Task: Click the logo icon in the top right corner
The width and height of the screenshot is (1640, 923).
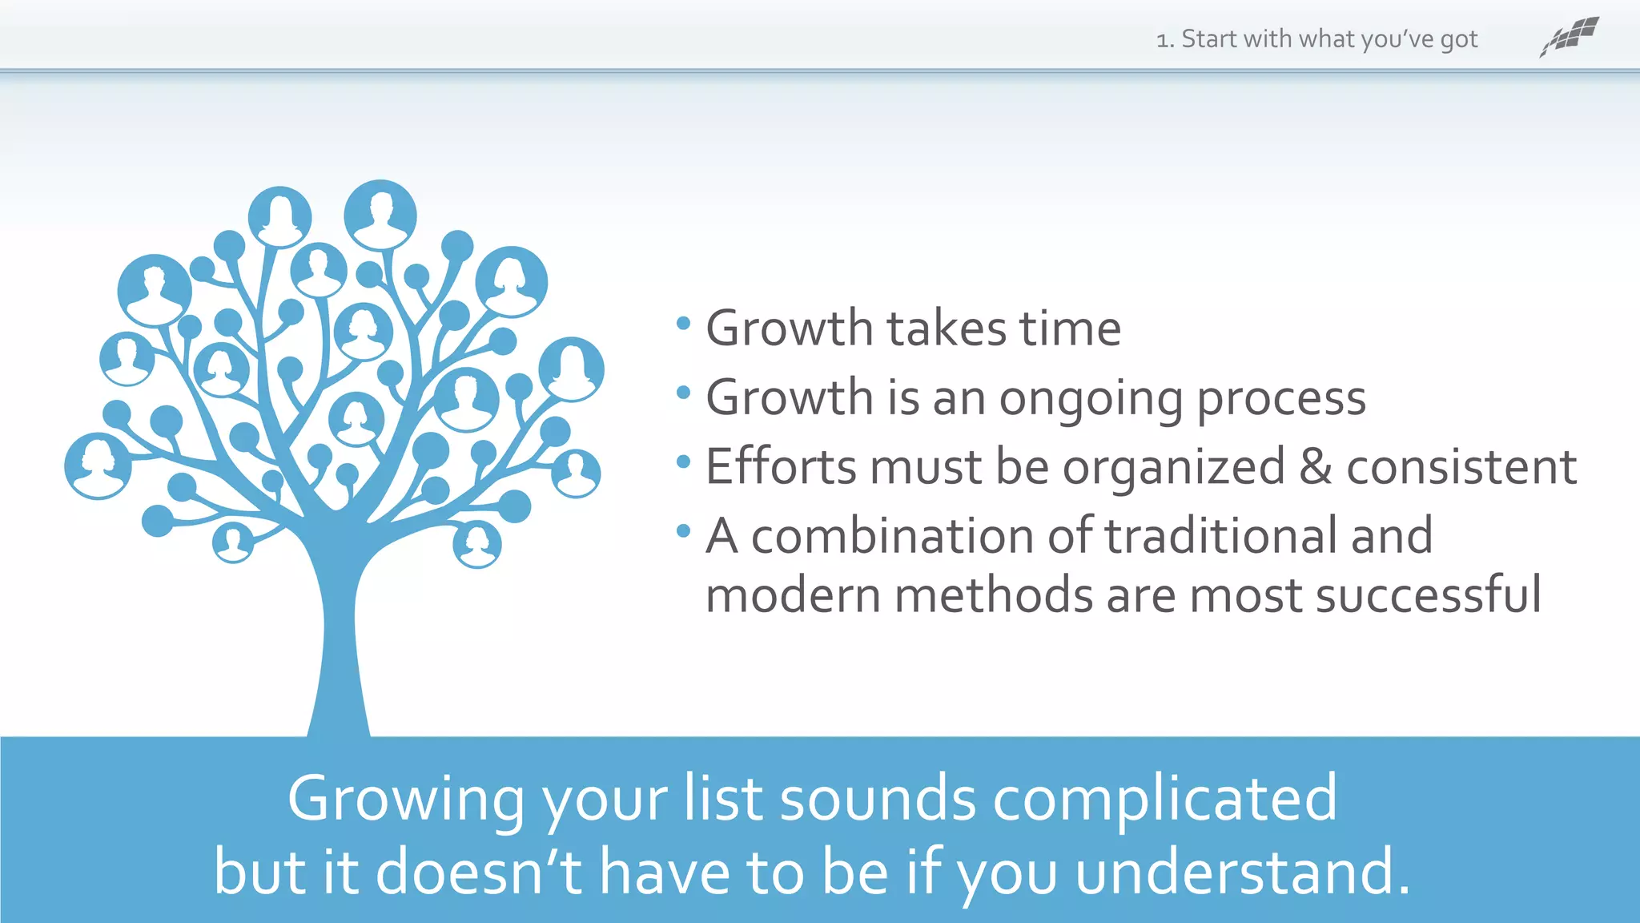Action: [x=1569, y=37]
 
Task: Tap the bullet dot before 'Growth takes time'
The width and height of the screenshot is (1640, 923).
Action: [x=683, y=324]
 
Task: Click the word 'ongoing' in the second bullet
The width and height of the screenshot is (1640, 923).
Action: [x=1090, y=398]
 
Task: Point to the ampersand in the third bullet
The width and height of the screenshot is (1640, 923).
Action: [x=1315, y=467]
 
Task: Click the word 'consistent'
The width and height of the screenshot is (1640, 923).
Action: [x=1461, y=467]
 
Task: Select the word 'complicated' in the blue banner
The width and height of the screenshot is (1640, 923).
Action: [x=1164, y=799]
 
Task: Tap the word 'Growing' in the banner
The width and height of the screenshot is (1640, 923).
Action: [x=405, y=799]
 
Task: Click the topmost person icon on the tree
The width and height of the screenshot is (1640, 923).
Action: [x=380, y=215]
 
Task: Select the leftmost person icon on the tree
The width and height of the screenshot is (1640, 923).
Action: [x=98, y=466]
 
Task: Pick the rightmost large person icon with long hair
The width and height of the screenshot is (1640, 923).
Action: [x=571, y=369]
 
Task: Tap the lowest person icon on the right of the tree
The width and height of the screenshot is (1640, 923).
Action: [x=477, y=545]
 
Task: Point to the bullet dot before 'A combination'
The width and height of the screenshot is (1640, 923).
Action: [x=683, y=530]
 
